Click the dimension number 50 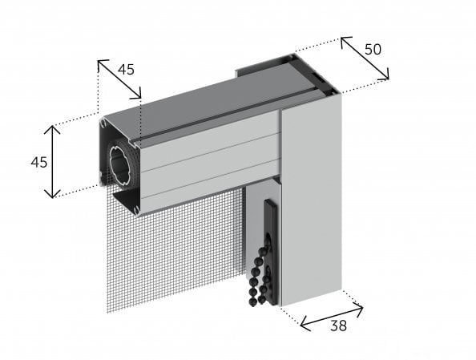pyautogui.click(x=372, y=48)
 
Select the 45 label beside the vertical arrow pyautogui.click(x=38, y=162)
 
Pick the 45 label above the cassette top pyautogui.click(x=126, y=69)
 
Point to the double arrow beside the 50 pyautogui.click(x=365, y=59)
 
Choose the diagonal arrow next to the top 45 pyautogui.click(x=119, y=79)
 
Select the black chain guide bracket pyautogui.click(x=272, y=241)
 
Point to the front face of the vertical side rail pyautogui.click(x=312, y=200)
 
